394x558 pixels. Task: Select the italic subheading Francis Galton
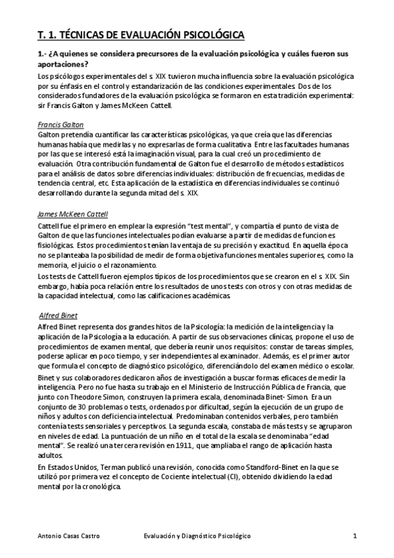click(61, 124)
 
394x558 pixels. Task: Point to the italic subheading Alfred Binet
click(59, 315)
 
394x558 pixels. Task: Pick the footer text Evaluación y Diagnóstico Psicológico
click(197, 536)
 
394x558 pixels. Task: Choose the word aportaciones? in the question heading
click(62, 64)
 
